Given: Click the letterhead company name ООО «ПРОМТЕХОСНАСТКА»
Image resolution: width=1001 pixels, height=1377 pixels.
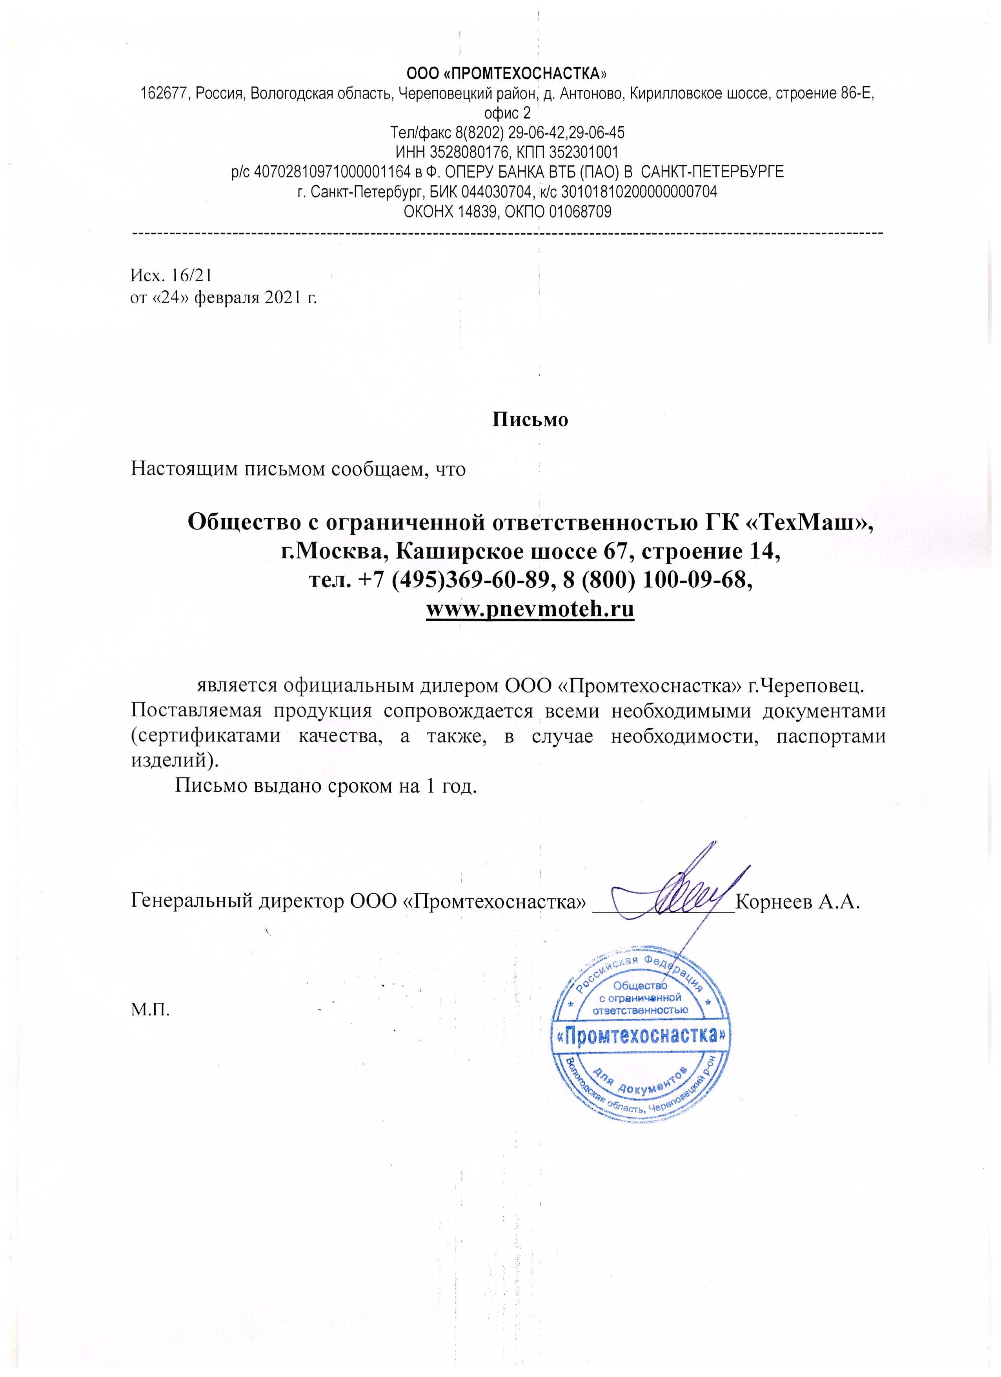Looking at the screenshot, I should pos(507,74).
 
